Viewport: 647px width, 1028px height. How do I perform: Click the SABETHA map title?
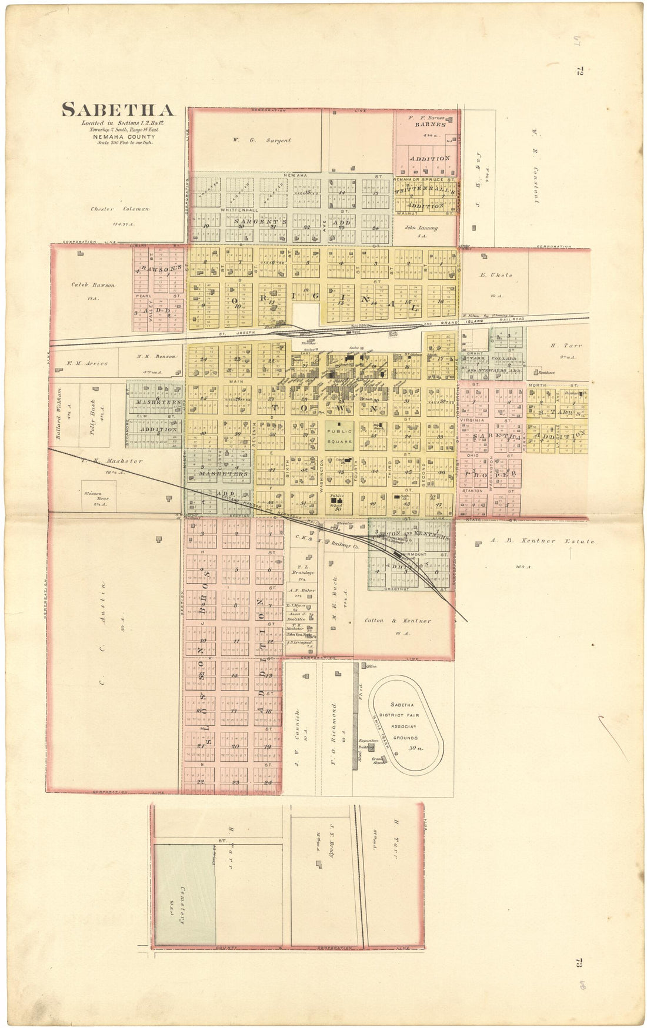pyautogui.click(x=118, y=110)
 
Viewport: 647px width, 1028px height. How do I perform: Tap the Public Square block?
pyautogui.click(x=340, y=436)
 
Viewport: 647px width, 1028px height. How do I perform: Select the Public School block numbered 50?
pyautogui.click(x=338, y=503)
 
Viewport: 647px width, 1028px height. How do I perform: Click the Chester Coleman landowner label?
pyautogui.click(x=120, y=209)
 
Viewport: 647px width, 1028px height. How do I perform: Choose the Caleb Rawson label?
pyautogui.click(x=93, y=285)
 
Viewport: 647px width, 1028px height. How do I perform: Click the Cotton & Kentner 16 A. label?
pyautogui.click(x=398, y=621)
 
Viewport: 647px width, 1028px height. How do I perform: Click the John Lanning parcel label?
pyautogui.click(x=421, y=228)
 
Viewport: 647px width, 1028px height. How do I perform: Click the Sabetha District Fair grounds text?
pyautogui.click(x=405, y=721)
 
